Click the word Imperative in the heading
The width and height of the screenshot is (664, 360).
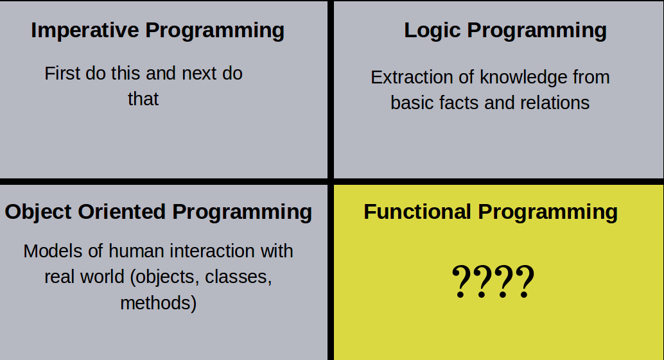(85, 31)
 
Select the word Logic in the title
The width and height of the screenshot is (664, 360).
(432, 31)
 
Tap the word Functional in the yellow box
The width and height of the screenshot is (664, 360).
(417, 212)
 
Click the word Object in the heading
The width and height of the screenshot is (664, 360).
(38, 212)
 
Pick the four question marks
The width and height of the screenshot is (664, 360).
(493, 281)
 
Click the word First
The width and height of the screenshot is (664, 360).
(62, 74)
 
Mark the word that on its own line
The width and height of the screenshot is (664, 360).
(143, 99)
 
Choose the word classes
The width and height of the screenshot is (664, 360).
(238, 277)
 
